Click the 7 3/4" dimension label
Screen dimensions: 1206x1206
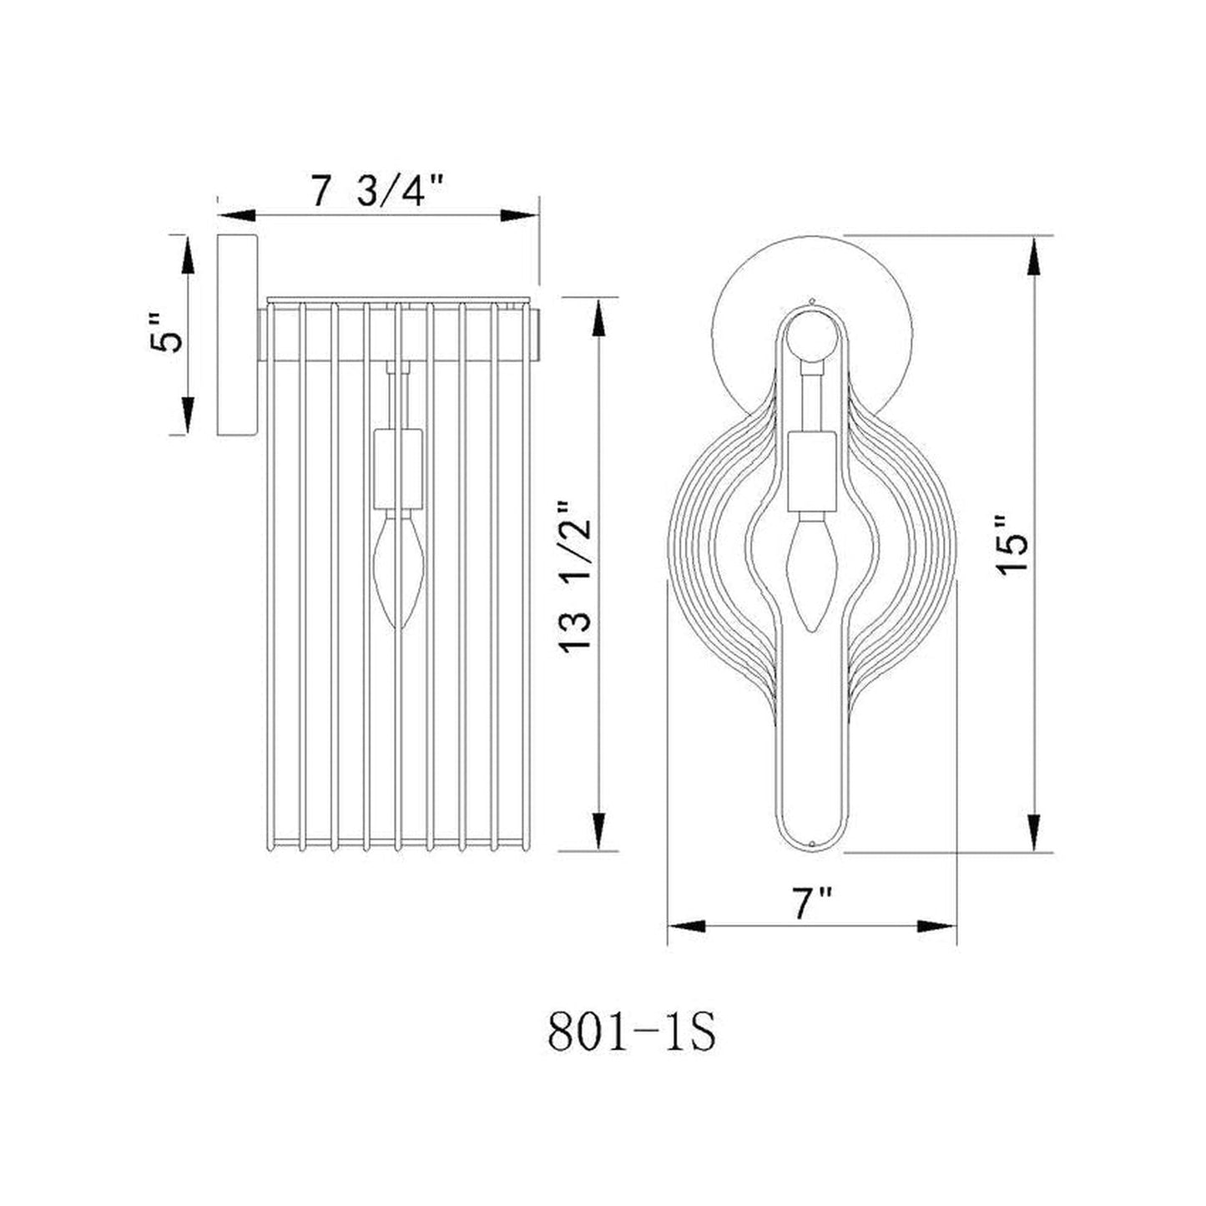[x=378, y=193]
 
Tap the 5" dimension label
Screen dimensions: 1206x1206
[x=167, y=334]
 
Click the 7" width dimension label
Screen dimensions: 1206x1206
[x=812, y=905]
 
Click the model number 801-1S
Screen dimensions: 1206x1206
[x=632, y=1033]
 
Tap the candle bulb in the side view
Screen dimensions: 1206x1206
[x=398, y=571]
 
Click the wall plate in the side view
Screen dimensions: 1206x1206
[x=238, y=334]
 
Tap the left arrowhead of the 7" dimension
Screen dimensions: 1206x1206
[x=686, y=926]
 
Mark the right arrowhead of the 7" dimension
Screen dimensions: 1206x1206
[x=936, y=926]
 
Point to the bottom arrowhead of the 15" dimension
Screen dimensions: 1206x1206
[x=1035, y=833]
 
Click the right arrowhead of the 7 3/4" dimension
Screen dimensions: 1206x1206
[x=519, y=215]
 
